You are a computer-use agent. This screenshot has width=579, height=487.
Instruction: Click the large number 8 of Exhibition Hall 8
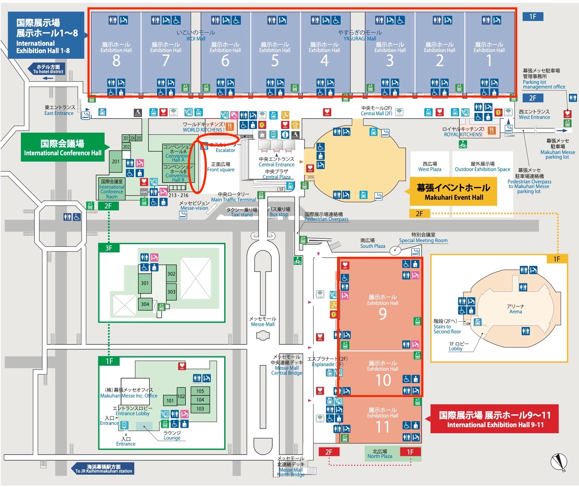click(116, 61)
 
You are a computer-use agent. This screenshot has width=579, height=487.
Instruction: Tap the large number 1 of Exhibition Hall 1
click(489, 61)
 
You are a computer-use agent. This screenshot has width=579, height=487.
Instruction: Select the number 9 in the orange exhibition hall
click(383, 314)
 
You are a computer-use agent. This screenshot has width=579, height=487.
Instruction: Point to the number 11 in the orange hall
click(383, 427)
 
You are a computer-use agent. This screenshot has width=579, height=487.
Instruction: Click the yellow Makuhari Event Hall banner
click(453, 192)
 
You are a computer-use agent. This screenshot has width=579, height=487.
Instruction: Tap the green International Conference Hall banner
click(63, 148)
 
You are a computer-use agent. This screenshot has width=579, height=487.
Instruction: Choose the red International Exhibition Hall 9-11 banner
click(494, 419)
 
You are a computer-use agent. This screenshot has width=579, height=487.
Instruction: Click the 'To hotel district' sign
click(47, 69)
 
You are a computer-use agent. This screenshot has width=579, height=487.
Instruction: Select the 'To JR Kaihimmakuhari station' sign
click(103, 469)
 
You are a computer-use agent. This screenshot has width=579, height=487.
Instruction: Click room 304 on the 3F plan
click(145, 304)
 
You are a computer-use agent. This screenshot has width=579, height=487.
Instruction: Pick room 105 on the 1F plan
click(200, 391)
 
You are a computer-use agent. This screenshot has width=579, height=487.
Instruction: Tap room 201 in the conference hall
click(116, 162)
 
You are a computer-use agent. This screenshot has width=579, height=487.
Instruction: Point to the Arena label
click(516, 309)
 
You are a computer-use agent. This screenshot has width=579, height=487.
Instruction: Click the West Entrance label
click(534, 115)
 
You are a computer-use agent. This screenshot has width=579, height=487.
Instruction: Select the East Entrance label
click(59, 111)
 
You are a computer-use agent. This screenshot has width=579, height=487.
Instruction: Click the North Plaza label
click(380, 454)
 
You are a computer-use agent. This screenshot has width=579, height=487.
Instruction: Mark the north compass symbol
click(559, 462)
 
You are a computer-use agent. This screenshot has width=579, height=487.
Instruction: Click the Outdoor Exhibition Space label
click(482, 167)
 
